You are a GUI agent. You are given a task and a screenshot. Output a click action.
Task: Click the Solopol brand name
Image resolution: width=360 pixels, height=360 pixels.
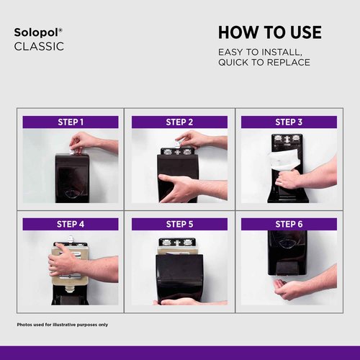pyautogui.click(x=38, y=32)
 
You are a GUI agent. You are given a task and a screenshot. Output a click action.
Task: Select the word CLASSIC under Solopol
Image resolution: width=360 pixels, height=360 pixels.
pyautogui.click(x=39, y=47)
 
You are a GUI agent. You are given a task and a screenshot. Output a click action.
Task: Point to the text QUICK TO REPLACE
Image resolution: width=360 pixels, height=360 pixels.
pyautogui.click(x=264, y=63)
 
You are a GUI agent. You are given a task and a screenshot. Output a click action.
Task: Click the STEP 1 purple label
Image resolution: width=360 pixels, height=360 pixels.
pyautogui.click(x=71, y=122)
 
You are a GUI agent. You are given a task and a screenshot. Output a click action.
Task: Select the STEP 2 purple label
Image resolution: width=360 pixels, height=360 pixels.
pyautogui.click(x=179, y=122)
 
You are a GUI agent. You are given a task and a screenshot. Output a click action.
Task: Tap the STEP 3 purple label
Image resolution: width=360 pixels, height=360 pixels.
pyautogui.click(x=289, y=122)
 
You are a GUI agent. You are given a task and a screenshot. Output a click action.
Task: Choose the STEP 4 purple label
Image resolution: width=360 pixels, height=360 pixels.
pyautogui.click(x=71, y=224)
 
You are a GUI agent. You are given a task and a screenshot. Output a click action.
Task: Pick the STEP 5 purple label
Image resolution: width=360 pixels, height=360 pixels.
pyautogui.click(x=179, y=224)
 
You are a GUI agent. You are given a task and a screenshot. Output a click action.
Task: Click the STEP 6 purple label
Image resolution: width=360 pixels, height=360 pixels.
pyautogui.click(x=289, y=224)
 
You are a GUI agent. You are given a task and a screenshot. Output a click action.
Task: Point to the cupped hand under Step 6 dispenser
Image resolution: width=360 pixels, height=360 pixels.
pyautogui.click(x=289, y=289)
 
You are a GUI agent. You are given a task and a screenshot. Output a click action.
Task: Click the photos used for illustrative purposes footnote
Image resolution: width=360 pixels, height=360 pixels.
pyautogui.click(x=63, y=325)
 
